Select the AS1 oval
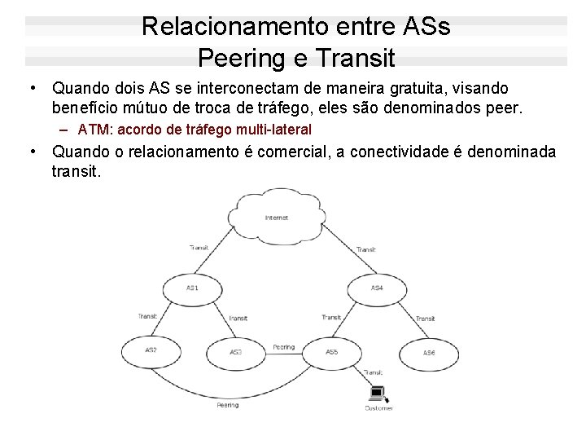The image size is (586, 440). click(192, 288)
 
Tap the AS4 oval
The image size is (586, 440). click(377, 288)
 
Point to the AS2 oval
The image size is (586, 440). click(151, 350)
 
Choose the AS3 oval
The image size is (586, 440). click(235, 352)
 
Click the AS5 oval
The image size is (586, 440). click(331, 352)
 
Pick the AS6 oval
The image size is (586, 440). click(428, 352)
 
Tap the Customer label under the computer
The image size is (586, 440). click(378, 408)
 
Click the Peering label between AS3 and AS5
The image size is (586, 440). click(283, 347)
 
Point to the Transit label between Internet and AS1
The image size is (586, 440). click(199, 248)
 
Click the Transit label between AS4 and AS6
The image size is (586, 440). click(425, 319)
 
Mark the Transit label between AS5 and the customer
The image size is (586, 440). click(373, 372)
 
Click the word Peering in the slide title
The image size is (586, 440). click(235, 59)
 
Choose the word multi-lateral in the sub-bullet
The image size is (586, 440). click(275, 130)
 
